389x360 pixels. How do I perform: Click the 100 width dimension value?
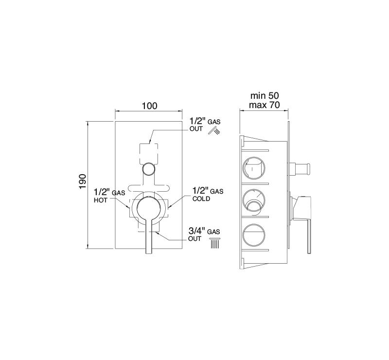[x=149, y=106]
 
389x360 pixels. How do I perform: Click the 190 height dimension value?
[x=83, y=181]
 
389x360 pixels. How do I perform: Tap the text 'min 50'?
[x=265, y=95]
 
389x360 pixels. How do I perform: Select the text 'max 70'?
[x=265, y=105]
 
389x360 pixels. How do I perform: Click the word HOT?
[x=101, y=200]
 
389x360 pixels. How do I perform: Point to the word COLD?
[x=201, y=198]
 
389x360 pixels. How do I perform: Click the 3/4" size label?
[x=197, y=231]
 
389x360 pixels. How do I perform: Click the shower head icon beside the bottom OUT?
[x=215, y=243]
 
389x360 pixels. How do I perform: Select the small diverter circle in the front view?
[x=148, y=169]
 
